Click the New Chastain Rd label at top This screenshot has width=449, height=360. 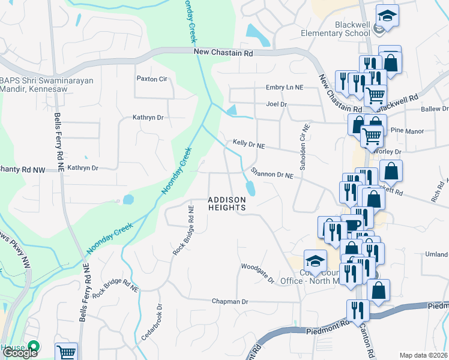[x=223, y=53]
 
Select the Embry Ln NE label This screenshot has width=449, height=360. [x=285, y=88]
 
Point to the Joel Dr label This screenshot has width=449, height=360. [x=276, y=104]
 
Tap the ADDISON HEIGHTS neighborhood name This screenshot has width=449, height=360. [x=227, y=203]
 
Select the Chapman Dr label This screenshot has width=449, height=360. [x=230, y=301]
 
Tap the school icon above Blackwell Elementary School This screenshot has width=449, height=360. [x=387, y=16]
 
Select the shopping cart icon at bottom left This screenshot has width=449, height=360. [x=67, y=353]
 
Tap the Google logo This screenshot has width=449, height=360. [x=20, y=353]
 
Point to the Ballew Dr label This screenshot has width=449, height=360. [x=435, y=109]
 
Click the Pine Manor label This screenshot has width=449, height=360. [x=407, y=131]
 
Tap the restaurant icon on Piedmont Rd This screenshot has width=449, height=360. [x=358, y=311]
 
